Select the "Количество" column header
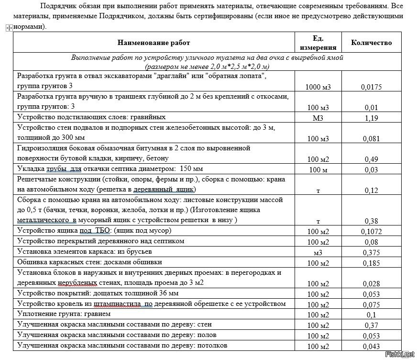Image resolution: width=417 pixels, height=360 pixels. point(371,43)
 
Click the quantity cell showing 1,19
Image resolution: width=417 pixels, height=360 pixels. point(371,117)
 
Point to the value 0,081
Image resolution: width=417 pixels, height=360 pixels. point(371,139)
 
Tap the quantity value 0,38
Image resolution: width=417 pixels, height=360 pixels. point(371,221)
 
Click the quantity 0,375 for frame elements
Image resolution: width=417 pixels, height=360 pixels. point(371,252)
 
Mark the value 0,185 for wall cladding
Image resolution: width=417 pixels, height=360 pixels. point(371,263)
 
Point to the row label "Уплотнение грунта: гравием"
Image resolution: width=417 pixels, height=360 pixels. point(64,314)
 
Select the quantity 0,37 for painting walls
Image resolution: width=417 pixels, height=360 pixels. point(371,326)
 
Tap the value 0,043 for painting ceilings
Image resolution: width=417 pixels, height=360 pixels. point(371,346)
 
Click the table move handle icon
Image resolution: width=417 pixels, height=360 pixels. point(8,28)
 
